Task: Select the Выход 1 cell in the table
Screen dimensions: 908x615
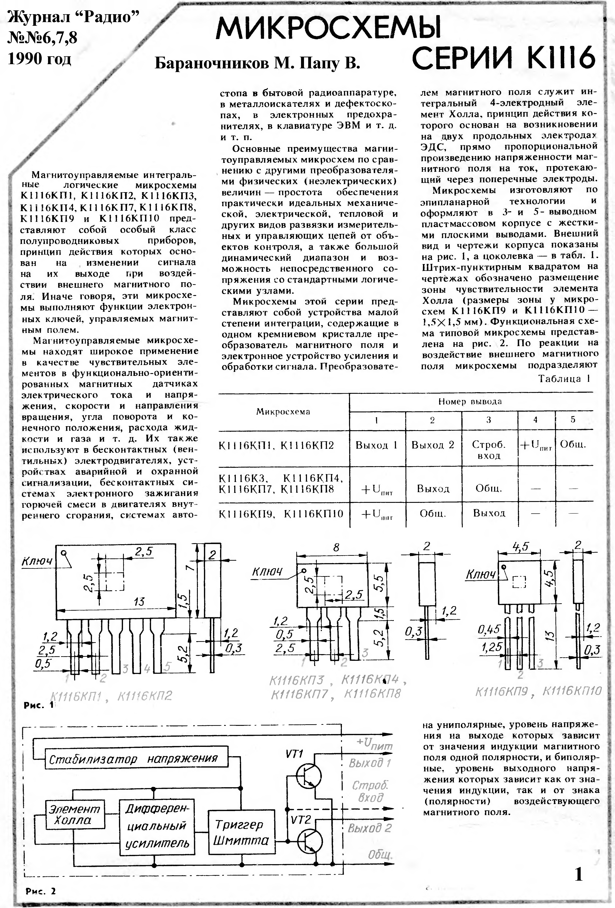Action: pyautogui.click(x=376, y=445)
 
